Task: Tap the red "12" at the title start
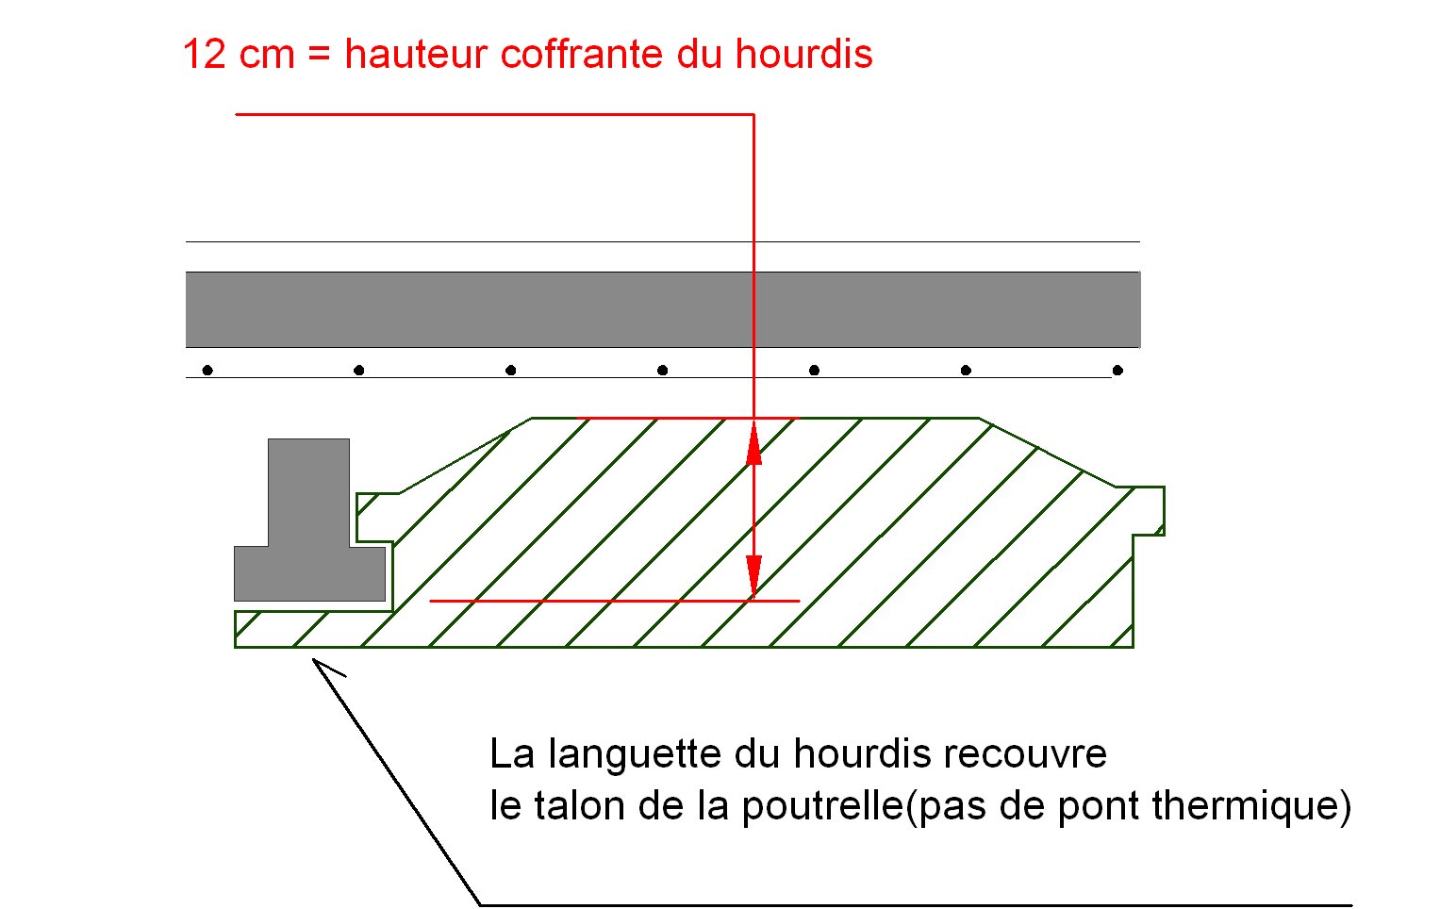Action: pos(205,54)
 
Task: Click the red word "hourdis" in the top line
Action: pos(803,54)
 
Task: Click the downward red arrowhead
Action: pos(753,574)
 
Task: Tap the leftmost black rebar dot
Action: pos(207,371)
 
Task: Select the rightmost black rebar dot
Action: pos(1117,371)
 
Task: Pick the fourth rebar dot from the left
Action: pos(662,371)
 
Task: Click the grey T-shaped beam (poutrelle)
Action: pos(308,528)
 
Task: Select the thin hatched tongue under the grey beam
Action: pos(311,629)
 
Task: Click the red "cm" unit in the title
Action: pos(267,54)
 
